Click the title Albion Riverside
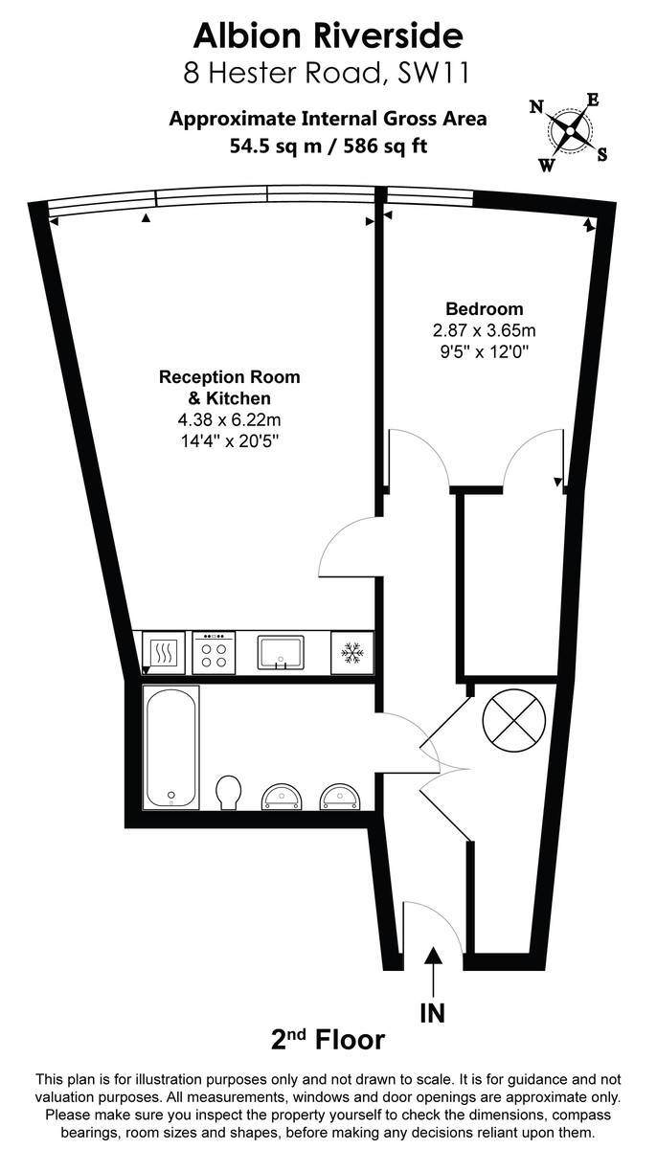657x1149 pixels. (328, 35)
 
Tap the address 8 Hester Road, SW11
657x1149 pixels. (328, 72)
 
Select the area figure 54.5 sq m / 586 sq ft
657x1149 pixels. (328, 146)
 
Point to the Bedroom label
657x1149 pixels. (485, 309)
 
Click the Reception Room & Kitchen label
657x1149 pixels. (229, 388)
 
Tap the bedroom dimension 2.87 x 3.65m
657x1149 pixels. (485, 330)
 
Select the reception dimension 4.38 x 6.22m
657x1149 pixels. (229, 419)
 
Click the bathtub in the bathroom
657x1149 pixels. (171, 746)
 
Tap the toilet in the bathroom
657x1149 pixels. (229, 792)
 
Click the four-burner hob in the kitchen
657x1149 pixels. (214, 653)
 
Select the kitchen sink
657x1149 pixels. (280, 651)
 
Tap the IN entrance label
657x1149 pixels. (433, 1013)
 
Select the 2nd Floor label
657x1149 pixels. (327, 1040)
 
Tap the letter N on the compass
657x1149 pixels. (536, 106)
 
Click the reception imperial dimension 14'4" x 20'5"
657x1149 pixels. (229, 440)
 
